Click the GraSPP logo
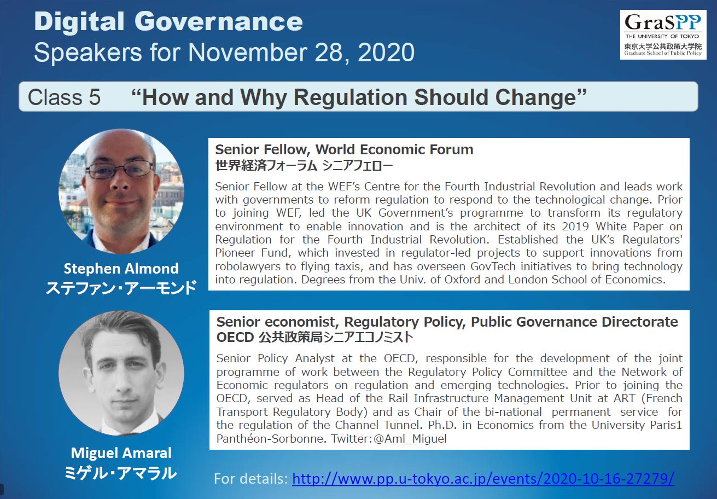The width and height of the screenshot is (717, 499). click(x=663, y=34)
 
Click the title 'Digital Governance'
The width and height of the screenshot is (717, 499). click(x=168, y=22)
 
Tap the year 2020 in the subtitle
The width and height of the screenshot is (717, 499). click(x=386, y=53)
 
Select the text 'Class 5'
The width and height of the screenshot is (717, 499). click(x=64, y=97)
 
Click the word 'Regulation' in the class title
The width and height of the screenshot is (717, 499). click(x=351, y=97)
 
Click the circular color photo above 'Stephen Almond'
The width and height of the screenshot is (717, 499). click(x=121, y=191)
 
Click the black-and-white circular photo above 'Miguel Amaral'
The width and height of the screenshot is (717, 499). click(x=121, y=374)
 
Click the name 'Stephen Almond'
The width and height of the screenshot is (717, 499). click(x=121, y=269)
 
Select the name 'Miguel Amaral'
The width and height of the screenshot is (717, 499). click(x=121, y=453)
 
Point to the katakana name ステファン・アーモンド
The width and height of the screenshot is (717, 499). click(x=121, y=288)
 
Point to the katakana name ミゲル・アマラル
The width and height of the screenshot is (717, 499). click(x=120, y=473)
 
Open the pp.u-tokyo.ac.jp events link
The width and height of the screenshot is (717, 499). click(x=483, y=479)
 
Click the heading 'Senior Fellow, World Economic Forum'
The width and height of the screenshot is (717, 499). click(x=344, y=149)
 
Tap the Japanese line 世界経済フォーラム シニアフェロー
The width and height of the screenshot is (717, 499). click(x=304, y=166)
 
